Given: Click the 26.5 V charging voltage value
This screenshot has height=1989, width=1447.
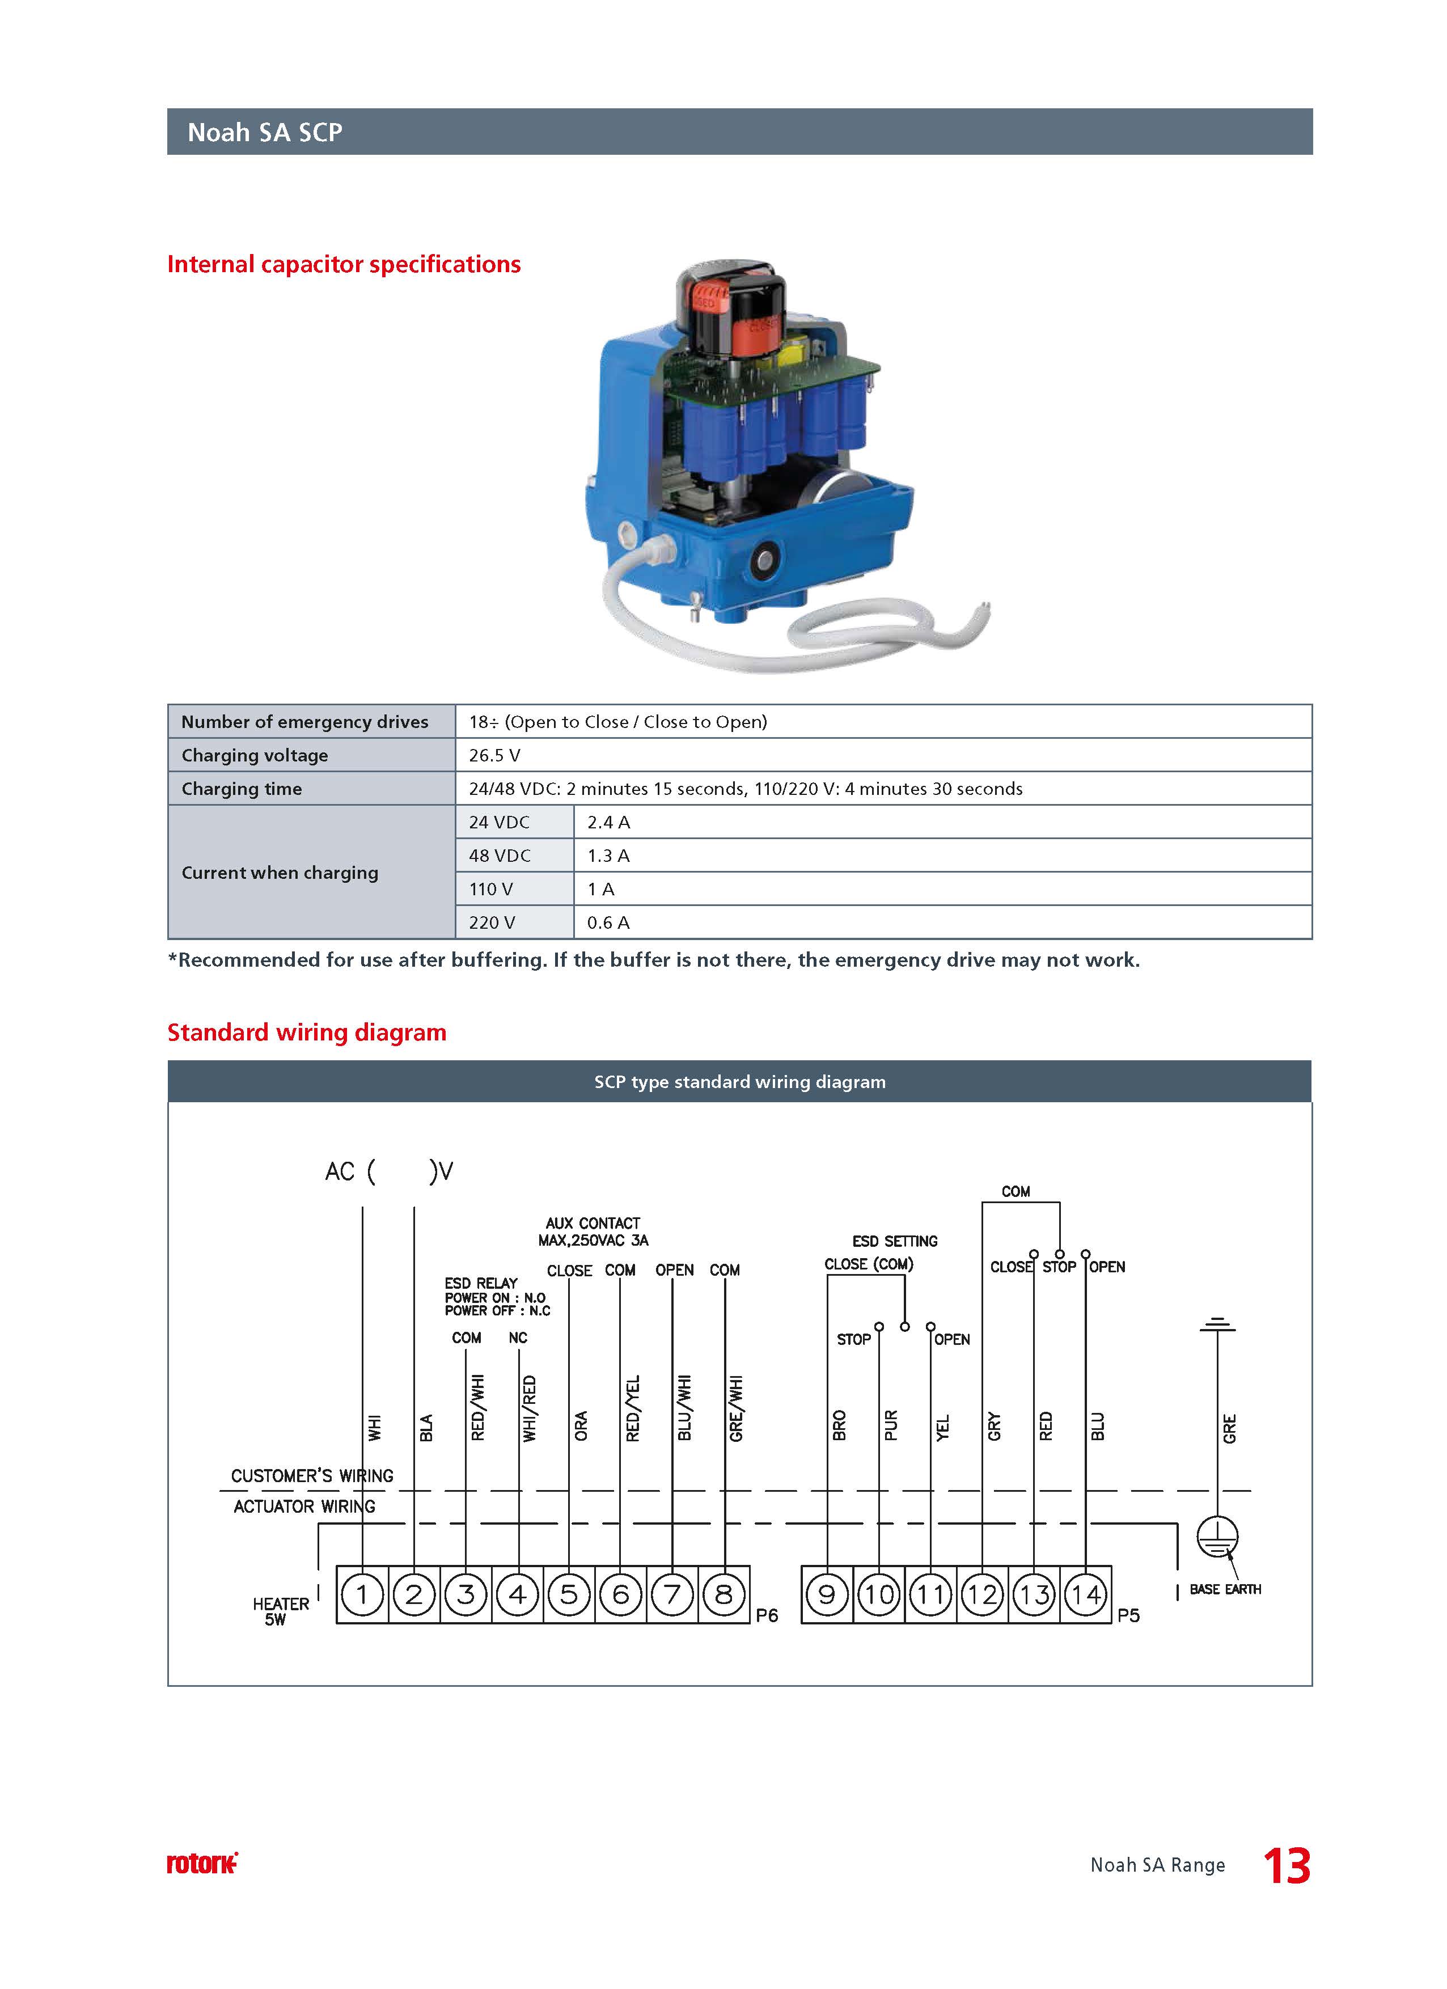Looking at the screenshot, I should [494, 755].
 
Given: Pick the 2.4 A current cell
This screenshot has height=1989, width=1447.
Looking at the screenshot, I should [608, 822].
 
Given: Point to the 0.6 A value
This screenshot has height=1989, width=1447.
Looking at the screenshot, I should [608, 922].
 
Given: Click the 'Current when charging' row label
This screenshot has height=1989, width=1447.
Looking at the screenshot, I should [280, 873].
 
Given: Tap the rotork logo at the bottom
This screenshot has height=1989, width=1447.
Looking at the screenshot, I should [202, 1864].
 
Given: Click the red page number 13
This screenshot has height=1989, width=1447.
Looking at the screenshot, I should [1287, 1866].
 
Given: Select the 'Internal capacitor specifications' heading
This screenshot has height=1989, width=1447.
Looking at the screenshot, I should [344, 264].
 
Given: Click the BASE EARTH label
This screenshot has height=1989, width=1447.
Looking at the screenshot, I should [1225, 1589].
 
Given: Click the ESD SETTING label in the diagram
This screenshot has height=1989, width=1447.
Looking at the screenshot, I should [895, 1241].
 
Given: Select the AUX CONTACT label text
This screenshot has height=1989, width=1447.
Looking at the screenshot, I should [593, 1222].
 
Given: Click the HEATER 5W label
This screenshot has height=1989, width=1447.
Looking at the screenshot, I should [281, 1611].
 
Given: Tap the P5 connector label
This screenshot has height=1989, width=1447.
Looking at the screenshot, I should [1129, 1615].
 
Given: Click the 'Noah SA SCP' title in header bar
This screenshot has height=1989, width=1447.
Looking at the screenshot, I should [265, 133].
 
